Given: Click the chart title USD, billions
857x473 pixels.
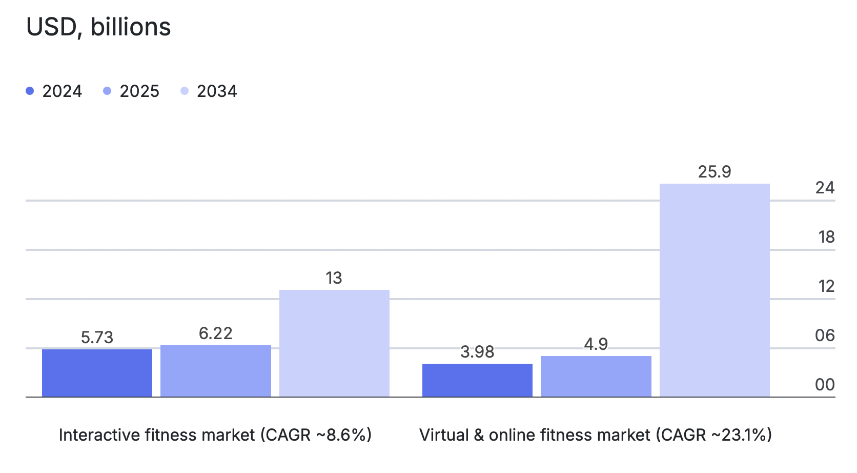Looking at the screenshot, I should pyautogui.click(x=98, y=27).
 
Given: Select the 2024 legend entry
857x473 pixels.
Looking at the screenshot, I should pyautogui.click(x=54, y=91).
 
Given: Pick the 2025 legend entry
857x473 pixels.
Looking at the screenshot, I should pyautogui.click(x=132, y=91).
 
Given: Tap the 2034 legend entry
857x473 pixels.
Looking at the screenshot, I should pyautogui.click(x=209, y=91).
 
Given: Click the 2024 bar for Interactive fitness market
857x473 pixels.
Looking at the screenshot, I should pyautogui.click(x=97, y=373).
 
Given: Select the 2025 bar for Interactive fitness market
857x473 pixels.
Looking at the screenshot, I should pyautogui.click(x=216, y=371).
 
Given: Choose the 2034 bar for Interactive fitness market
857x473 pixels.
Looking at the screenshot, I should pyautogui.click(x=334, y=343).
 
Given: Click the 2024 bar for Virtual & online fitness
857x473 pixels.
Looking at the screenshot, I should pyautogui.click(x=477, y=380).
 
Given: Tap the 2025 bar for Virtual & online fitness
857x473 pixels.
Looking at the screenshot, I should pyautogui.click(x=596, y=376).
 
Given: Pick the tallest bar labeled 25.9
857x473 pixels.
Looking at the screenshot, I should pyautogui.click(x=715, y=290).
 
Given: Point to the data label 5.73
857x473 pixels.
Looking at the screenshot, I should pyautogui.click(x=97, y=338).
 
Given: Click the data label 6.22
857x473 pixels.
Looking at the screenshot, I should pyautogui.click(x=216, y=333).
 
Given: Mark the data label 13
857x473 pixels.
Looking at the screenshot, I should pyautogui.click(x=334, y=278).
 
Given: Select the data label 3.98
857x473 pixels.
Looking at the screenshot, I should pyautogui.click(x=477, y=352).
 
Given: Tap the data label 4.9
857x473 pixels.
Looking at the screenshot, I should pyautogui.click(x=596, y=344).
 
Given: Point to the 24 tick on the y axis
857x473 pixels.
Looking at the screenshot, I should pyautogui.click(x=825, y=188).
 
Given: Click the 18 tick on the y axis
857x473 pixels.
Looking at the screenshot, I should pyautogui.click(x=826, y=237).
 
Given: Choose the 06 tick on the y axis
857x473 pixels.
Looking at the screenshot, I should pyautogui.click(x=825, y=336).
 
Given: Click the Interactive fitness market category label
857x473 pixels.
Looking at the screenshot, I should pyautogui.click(x=215, y=435).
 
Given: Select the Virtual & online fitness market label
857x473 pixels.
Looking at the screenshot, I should pyautogui.click(x=596, y=435).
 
